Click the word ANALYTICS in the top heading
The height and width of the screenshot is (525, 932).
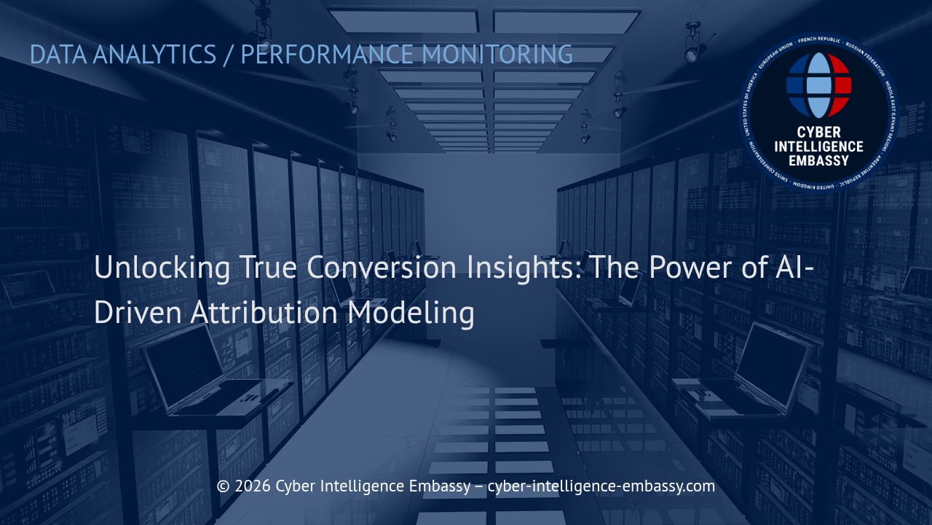154,55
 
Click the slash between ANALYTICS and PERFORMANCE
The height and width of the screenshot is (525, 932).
229,55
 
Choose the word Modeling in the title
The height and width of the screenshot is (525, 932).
411,312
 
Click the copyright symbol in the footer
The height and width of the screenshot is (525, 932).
223,486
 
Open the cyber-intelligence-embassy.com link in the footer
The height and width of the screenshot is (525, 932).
601,486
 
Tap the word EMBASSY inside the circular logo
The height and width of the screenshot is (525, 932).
819,160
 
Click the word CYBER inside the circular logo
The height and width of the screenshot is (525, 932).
819,133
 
